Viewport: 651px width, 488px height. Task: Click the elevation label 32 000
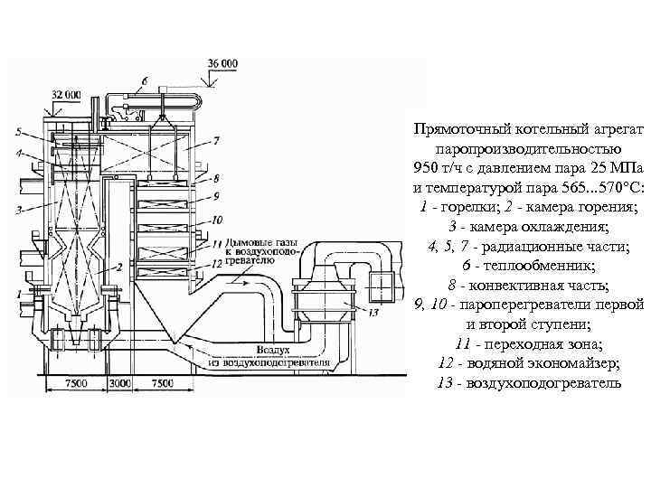(66, 94)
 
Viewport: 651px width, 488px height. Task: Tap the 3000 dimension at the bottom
(120, 383)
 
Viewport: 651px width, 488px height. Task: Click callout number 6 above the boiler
(144, 81)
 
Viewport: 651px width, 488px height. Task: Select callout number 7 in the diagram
(217, 141)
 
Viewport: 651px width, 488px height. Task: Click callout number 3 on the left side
(19, 210)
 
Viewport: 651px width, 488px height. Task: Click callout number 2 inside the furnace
(118, 268)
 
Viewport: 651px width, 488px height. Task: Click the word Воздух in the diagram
(272, 349)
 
